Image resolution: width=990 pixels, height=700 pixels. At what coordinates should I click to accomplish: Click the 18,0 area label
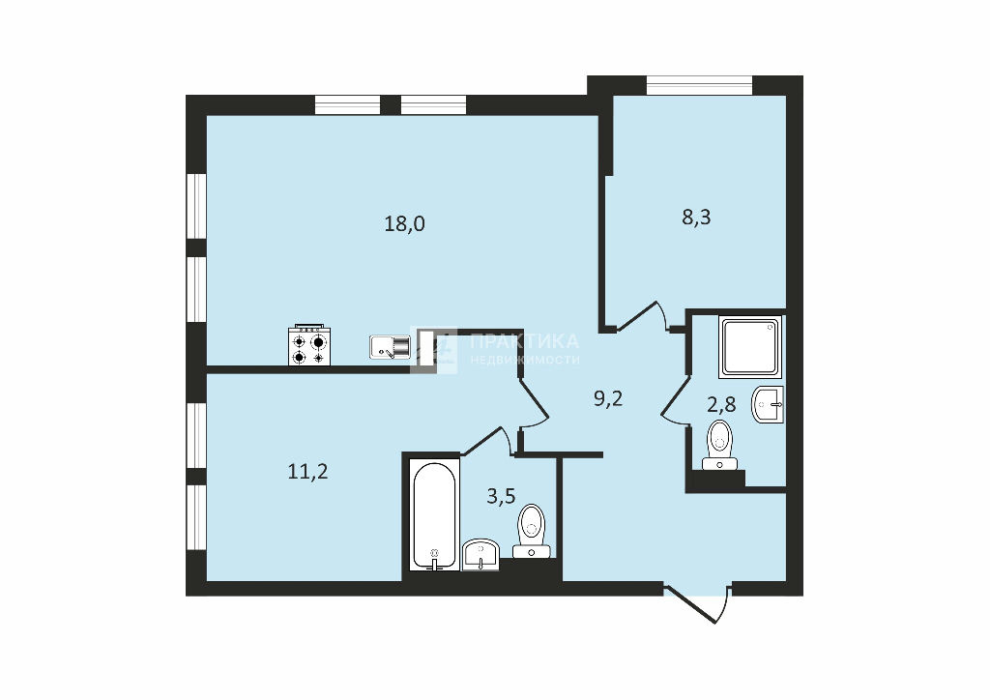(x=405, y=223)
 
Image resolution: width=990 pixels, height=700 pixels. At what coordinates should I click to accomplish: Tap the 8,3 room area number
(x=696, y=218)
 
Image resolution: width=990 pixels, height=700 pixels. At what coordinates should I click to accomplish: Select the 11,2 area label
(x=307, y=471)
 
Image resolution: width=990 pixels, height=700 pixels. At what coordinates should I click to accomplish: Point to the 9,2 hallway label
(x=609, y=398)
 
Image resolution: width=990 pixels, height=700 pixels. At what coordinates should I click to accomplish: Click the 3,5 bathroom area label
(x=502, y=496)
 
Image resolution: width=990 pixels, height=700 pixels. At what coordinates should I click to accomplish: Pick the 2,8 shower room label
(x=721, y=404)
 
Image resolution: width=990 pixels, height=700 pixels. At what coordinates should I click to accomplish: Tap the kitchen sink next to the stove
(x=390, y=347)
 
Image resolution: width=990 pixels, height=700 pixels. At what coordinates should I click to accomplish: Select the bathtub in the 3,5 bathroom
(x=434, y=515)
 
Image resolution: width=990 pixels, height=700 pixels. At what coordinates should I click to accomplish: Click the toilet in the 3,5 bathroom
(x=531, y=531)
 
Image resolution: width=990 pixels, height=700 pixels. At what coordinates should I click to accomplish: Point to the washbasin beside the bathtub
(x=481, y=555)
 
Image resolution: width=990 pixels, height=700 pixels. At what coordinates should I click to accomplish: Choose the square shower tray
(x=750, y=346)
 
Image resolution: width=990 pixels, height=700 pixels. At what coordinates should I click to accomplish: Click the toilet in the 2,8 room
(x=719, y=445)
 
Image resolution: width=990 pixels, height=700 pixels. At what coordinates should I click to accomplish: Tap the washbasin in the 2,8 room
(x=768, y=404)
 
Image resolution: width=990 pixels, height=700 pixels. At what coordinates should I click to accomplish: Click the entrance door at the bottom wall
(x=698, y=604)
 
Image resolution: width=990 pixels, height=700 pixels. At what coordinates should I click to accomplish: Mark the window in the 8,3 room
(x=700, y=85)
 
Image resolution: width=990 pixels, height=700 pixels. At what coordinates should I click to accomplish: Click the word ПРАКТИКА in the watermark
(x=524, y=341)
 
